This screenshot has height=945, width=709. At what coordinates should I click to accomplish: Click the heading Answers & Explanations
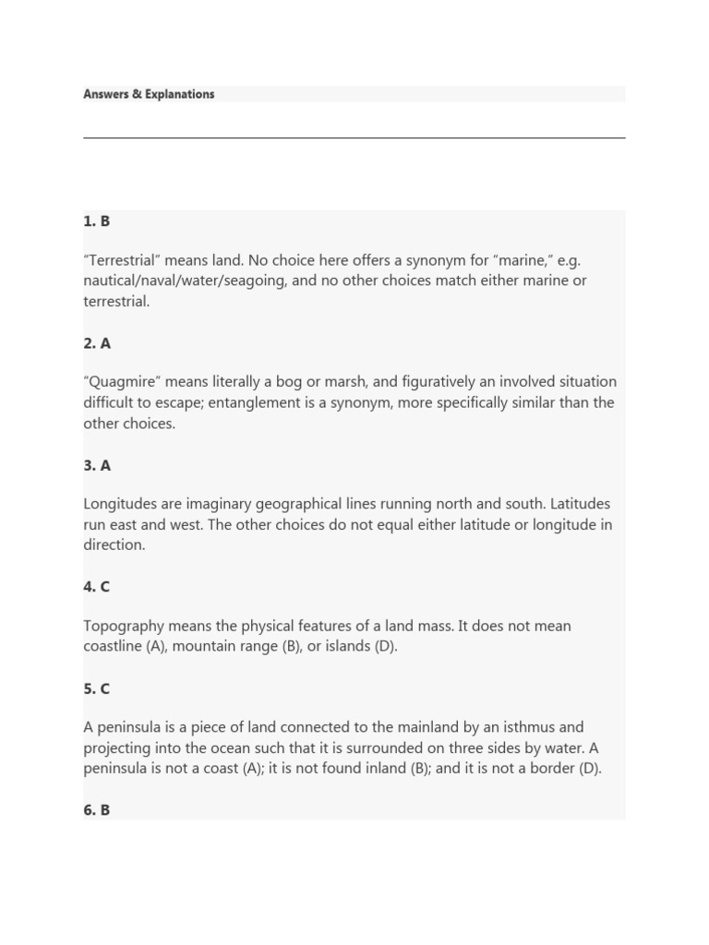149,94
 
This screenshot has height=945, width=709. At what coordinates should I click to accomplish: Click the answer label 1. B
97,221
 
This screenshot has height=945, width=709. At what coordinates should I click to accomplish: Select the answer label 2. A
97,343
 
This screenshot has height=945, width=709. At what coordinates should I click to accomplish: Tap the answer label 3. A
97,465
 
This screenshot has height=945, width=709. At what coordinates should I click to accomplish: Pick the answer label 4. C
97,587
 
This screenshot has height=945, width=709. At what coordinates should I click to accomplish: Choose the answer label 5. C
97,688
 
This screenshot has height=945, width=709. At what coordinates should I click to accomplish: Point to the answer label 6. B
97,810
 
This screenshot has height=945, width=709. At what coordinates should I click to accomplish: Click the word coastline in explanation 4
113,646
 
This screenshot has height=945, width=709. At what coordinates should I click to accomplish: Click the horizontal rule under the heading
354,138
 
